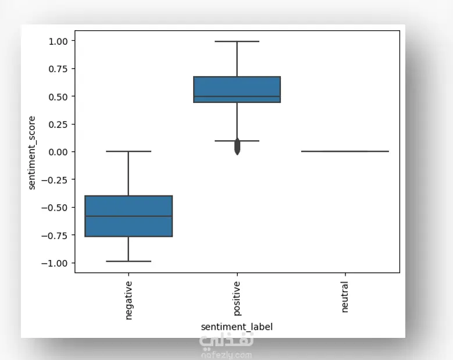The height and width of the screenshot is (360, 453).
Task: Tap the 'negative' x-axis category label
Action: [x=129, y=300]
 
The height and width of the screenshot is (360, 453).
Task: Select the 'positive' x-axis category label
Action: [x=237, y=299]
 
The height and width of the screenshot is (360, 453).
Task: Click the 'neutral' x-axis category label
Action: [x=345, y=297]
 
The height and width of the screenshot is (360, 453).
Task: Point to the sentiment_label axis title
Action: [x=237, y=327]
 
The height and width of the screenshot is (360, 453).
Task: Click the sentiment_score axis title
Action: [x=32, y=152]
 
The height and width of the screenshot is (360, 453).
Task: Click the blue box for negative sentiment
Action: [x=129, y=216]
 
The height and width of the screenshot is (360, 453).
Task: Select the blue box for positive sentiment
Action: [x=237, y=90]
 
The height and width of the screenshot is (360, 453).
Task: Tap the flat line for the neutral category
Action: [x=345, y=151]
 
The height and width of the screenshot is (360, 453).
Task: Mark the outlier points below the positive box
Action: [x=237, y=147]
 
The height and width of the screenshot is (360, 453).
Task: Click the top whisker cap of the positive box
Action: [x=237, y=41]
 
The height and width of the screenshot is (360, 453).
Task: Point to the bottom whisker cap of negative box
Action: [x=129, y=261]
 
